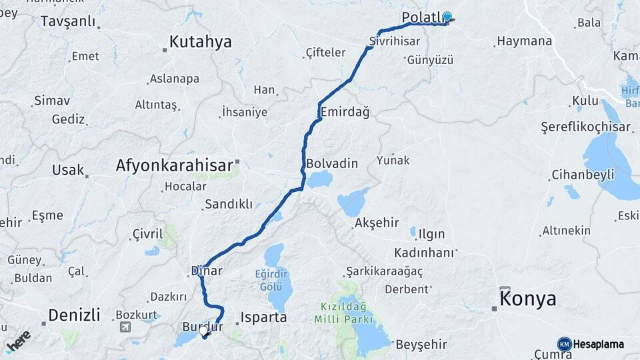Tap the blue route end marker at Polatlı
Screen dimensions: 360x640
tap(447, 17)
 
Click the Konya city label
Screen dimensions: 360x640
tap(528, 299)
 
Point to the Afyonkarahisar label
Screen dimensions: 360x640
tap(174, 165)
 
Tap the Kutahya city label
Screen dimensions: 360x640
tap(200, 42)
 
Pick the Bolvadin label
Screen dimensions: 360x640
tap(332, 163)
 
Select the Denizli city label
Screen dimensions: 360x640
tap(74, 315)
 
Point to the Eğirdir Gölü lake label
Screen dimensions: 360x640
tap(274, 279)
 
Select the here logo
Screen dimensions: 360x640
tap(18, 339)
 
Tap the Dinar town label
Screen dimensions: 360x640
tap(207, 271)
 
